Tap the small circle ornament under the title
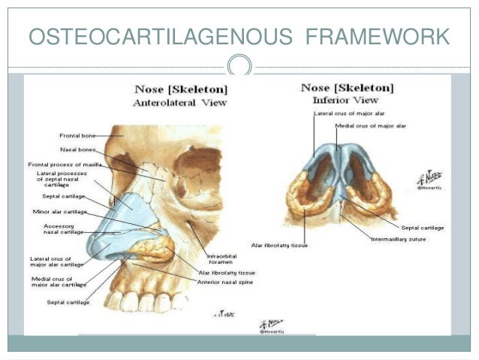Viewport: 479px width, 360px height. click(x=240, y=66)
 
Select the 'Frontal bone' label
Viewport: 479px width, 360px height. click(x=77, y=135)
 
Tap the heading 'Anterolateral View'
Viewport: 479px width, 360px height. click(x=179, y=103)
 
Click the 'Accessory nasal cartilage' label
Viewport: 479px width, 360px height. click(x=64, y=229)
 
